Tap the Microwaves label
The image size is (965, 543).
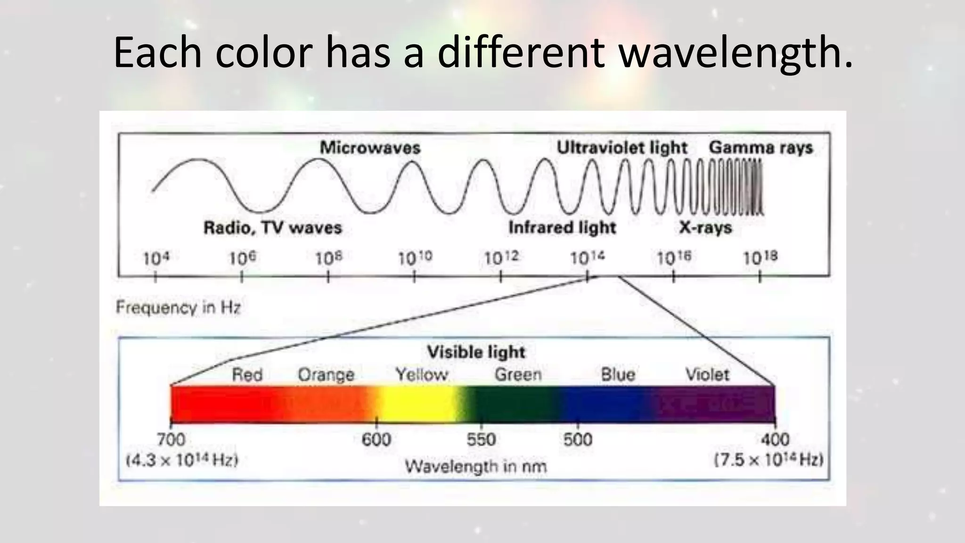370,148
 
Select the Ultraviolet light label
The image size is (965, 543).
622,148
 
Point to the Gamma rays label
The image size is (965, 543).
761,148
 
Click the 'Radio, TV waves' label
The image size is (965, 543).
272,228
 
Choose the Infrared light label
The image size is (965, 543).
562,228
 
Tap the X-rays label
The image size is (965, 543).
705,228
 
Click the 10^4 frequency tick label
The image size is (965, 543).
155,258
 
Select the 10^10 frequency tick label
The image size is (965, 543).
415,258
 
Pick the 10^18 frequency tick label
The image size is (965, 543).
760,258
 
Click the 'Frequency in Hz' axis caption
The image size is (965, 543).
178,308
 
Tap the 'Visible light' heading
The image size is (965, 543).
476,352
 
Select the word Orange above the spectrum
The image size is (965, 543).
326,375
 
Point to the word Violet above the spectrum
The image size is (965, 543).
707,375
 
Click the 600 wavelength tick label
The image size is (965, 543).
376,440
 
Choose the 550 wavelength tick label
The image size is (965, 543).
481,440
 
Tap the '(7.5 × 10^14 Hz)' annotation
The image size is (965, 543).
769,460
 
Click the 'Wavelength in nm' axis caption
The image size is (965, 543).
476,467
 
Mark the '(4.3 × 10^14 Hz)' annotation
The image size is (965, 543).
182,460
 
